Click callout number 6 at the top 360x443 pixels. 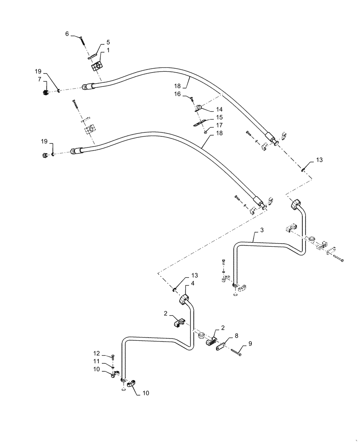coord(67,34)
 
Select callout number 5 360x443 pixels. coord(108,43)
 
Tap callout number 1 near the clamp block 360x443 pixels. coord(108,51)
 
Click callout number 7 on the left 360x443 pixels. coord(39,79)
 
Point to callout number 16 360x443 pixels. coord(177,94)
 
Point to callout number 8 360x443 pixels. coord(236,336)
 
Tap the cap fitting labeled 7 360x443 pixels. coord(45,93)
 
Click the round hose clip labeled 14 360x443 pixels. coord(200,107)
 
